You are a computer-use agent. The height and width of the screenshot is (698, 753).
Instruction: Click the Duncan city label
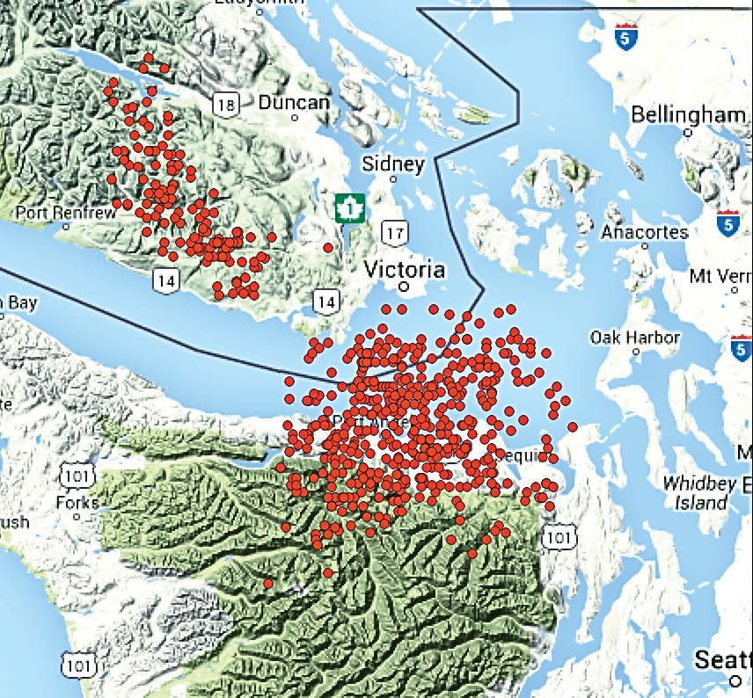pos(294,103)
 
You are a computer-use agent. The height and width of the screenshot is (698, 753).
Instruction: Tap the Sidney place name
pos(393,164)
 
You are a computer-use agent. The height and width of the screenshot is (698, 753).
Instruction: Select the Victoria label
pos(405,269)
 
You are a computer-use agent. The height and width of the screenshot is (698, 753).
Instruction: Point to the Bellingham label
pos(688,115)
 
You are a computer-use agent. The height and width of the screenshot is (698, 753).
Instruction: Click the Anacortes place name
pos(645,232)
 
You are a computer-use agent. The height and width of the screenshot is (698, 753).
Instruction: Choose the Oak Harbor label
pos(635,338)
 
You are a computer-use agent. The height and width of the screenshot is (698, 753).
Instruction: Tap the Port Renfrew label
pos(66,213)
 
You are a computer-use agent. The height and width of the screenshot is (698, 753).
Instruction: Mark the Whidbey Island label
pos(697,493)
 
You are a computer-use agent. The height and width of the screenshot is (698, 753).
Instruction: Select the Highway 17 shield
pos(395,233)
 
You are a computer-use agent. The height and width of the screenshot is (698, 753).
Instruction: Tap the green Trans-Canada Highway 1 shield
pos(350,208)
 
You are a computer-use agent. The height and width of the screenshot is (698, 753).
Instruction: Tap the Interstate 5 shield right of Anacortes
pos(727,224)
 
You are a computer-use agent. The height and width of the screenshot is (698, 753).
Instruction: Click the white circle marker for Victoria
pos(405,287)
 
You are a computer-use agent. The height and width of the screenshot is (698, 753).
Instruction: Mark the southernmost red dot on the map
pos(267,584)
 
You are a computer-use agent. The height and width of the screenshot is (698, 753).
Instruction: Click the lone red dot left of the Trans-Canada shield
pos(328,247)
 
